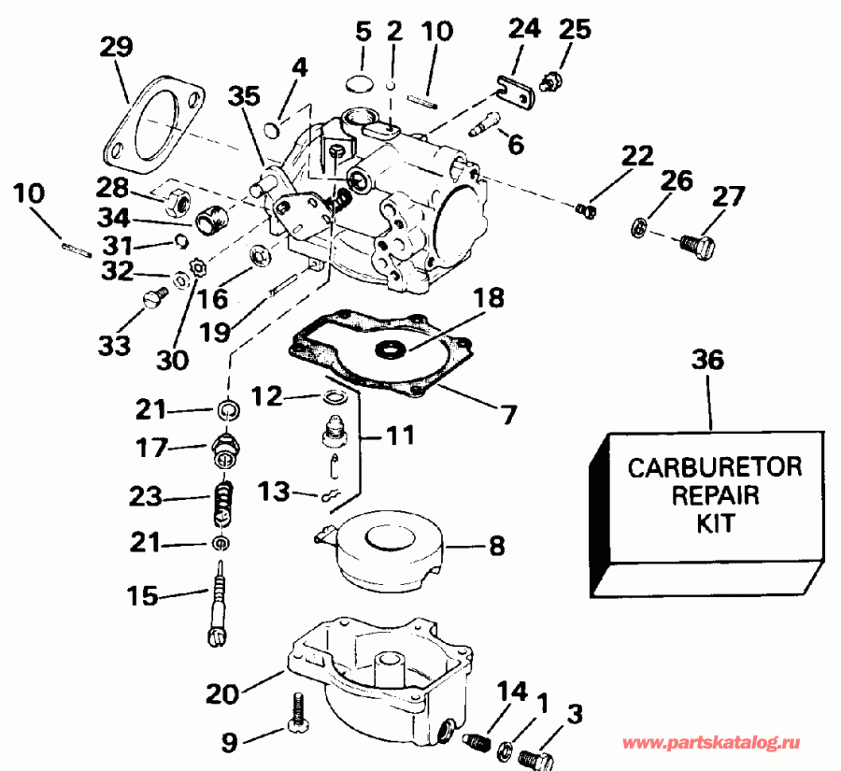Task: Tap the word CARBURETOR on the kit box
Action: [714, 466]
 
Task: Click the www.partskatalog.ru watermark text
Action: [711, 743]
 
